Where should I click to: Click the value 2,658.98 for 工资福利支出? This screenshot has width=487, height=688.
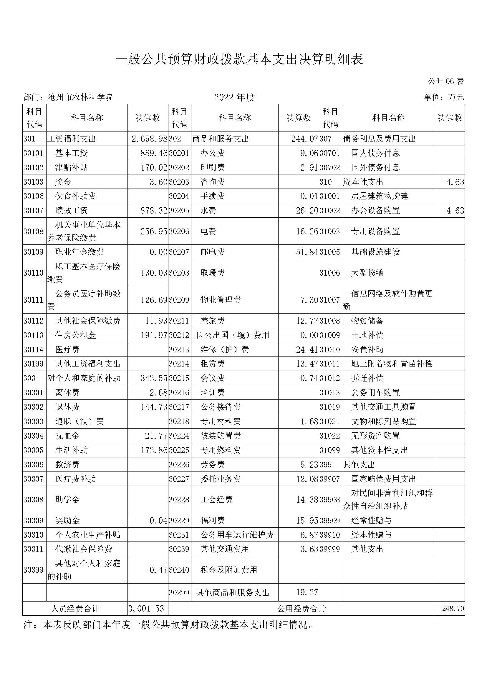(x=149, y=139)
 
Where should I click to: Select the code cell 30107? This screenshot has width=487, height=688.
(x=34, y=211)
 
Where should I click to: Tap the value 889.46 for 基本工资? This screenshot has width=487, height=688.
(x=153, y=153)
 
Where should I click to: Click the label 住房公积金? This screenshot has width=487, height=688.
(x=76, y=335)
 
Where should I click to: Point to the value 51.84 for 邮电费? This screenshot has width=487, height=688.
(x=307, y=252)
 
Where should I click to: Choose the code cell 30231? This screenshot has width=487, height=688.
(x=179, y=535)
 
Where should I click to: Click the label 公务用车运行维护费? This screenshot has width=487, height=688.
(x=237, y=535)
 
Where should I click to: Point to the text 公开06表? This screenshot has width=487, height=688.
(x=445, y=81)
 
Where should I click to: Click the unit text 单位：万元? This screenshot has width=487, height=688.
(x=443, y=97)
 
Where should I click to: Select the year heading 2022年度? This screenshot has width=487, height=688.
(x=234, y=97)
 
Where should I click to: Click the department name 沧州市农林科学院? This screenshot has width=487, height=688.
(x=80, y=97)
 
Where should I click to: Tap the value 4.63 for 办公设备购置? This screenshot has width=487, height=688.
(x=455, y=211)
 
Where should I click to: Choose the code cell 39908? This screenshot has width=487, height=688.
(x=329, y=499)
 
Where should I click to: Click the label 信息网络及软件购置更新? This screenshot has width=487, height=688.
(x=388, y=300)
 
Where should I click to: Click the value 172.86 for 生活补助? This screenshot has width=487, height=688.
(x=154, y=450)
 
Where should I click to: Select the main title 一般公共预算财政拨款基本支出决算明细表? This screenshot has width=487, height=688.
(x=239, y=59)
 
